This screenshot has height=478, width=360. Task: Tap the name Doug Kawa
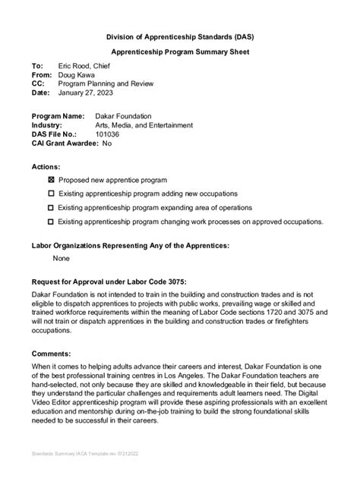(79, 76)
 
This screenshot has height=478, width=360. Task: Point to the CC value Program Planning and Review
(109, 85)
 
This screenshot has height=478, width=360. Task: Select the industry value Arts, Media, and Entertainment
(133, 125)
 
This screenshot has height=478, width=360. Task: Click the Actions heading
(46, 166)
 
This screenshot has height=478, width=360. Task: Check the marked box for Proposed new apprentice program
(51, 181)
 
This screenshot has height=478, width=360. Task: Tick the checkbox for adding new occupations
(51, 194)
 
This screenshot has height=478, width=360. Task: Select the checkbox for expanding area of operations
(51, 207)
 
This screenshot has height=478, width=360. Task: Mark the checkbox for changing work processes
(51, 222)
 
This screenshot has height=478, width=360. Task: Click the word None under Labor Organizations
(62, 258)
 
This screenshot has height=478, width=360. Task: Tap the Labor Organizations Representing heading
(130, 245)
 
